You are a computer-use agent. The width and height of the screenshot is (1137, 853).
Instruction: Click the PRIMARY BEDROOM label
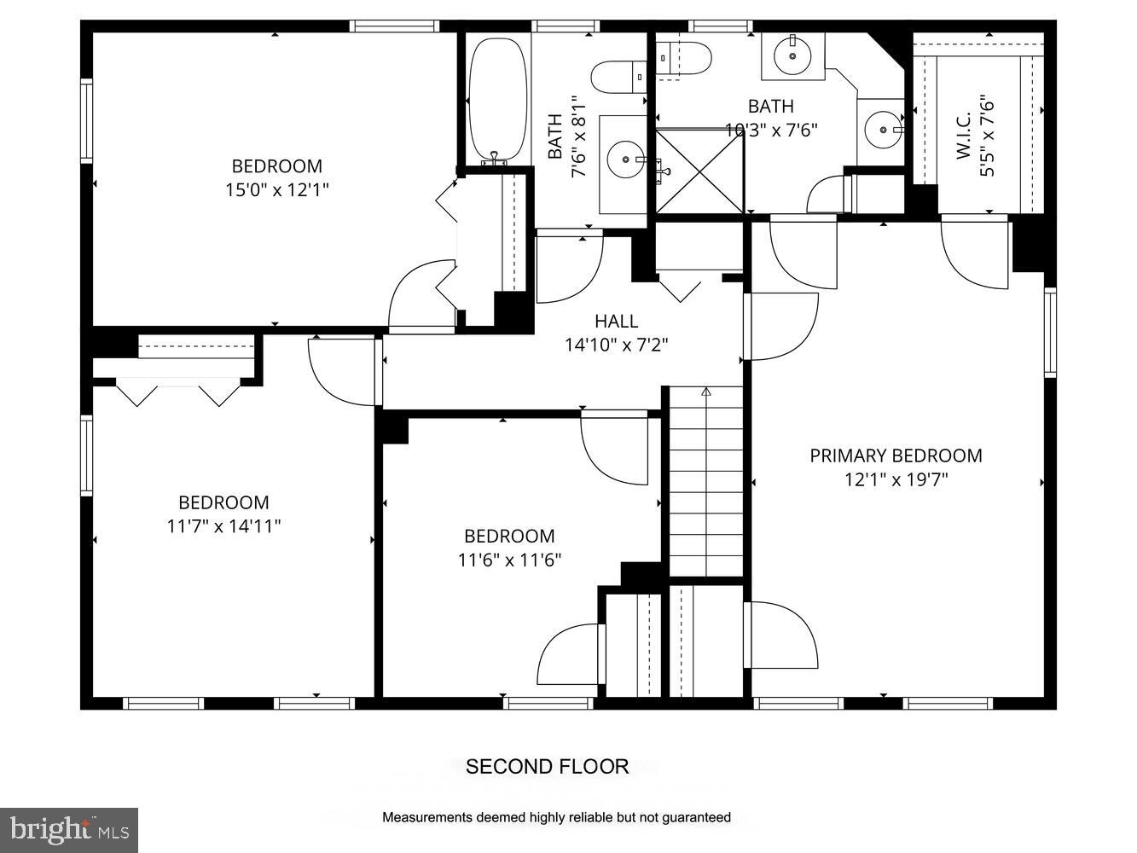[896, 456]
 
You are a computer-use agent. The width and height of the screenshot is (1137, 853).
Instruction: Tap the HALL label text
[616, 321]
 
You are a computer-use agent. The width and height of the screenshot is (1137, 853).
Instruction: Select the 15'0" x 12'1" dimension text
[276, 190]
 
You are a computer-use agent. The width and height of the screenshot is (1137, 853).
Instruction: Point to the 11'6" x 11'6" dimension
[509, 560]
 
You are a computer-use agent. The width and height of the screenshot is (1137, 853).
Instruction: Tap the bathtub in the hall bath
[498, 100]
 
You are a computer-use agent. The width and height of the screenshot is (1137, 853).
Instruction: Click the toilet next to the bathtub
[618, 77]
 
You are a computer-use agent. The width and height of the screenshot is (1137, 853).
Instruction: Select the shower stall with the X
[699, 171]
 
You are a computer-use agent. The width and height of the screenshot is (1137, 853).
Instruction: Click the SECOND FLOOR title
[547, 767]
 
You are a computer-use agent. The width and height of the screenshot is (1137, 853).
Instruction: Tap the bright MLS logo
[69, 830]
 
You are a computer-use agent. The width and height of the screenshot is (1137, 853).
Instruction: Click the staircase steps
[706, 482]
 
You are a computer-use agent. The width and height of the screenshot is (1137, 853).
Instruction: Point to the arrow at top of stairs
[706, 392]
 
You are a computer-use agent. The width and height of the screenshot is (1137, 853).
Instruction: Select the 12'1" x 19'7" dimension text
[896, 479]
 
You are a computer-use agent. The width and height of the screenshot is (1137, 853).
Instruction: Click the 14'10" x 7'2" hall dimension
[617, 345]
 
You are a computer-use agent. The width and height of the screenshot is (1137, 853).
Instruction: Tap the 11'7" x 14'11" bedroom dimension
[223, 526]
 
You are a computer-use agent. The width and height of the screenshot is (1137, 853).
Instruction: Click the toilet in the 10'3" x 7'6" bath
[684, 58]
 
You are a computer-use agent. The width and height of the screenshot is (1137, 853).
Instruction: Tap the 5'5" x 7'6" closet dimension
[987, 136]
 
